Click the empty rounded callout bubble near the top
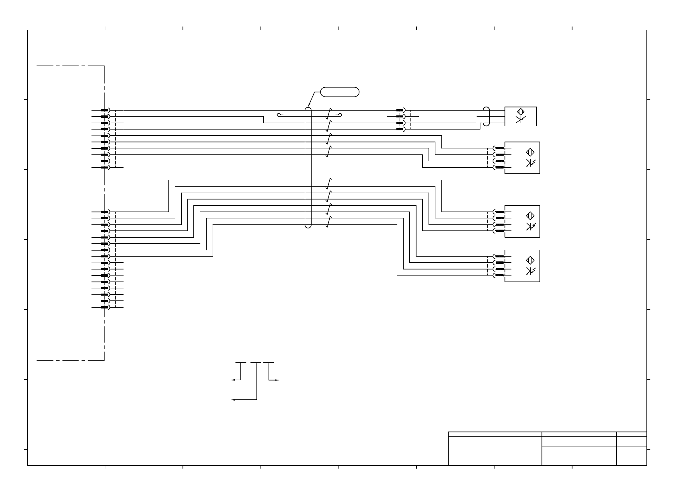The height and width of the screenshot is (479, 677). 340,92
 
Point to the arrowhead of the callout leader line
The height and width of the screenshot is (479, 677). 308,105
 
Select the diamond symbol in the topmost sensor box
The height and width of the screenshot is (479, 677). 521,112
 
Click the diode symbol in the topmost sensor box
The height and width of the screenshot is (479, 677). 521,119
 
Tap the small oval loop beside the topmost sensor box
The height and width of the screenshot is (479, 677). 486,117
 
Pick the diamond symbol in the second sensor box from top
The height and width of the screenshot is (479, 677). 530,152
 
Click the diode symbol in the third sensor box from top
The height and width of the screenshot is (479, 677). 530,226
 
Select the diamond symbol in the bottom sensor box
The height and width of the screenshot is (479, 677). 530,260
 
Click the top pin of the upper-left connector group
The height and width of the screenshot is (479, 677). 105,110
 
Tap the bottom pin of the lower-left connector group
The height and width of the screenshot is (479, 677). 105,307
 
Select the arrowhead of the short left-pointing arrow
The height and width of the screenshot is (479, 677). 232,379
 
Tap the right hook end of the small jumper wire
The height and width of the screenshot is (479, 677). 340,116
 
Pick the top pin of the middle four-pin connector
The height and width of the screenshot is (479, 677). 400,110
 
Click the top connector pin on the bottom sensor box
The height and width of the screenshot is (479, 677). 499,256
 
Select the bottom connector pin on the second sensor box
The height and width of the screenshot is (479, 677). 499,167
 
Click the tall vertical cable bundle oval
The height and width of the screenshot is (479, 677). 308,167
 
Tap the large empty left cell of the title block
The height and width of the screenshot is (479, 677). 495,451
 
